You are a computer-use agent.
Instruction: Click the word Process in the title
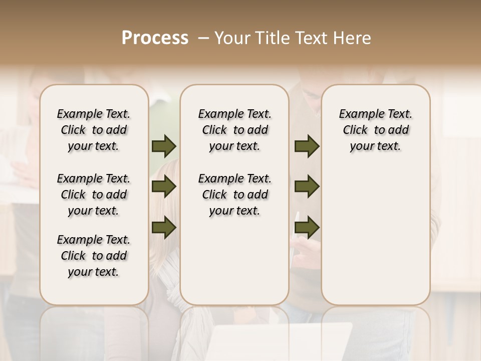tap(155, 38)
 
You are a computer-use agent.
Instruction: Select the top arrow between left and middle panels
tap(164, 146)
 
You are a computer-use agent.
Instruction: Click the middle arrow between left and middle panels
tap(164, 187)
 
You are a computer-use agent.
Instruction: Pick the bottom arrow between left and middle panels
tap(164, 228)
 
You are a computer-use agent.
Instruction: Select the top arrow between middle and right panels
tap(307, 146)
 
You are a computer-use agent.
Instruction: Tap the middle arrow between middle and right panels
tap(307, 187)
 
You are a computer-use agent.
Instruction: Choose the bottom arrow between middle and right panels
tap(307, 228)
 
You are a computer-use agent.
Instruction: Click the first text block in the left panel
tap(94, 130)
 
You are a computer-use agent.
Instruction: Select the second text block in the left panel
tap(94, 195)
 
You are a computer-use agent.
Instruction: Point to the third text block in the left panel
tap(94, 256)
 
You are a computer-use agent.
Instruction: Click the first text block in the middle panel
tap(234, 130)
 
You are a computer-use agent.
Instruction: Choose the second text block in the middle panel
tap(234, 195)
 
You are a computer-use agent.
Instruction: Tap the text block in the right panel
tap(376, 130)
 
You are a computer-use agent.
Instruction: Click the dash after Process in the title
tap(204, 38)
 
